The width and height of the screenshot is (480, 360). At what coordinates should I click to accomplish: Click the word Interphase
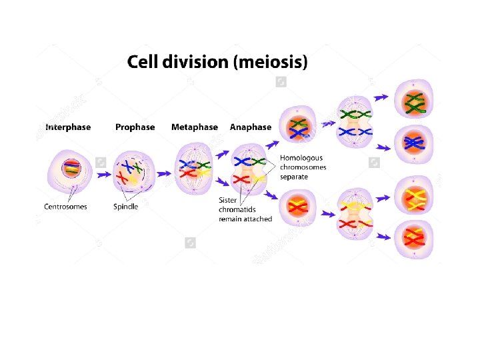pyautogui.click(x=68, y=127)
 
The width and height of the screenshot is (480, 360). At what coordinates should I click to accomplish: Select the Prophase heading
pyautogui.click(x=135, y=127)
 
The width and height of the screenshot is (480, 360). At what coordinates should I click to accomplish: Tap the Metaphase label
pyautogui.click(x=194, y=127)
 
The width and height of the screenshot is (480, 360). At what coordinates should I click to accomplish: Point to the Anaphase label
pyautogui.click(x=251, y=127)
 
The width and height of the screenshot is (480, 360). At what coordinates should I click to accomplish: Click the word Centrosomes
pyautogui.click(x=65, y=207)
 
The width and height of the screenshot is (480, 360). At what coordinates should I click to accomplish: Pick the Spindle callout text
pyautogui.click(x=126, y=207)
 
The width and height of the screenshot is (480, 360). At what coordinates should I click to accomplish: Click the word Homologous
pyautogui.click(x=301, y=158)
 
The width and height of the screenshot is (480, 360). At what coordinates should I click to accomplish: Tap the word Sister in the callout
pyautogui.click(x=229, y=200)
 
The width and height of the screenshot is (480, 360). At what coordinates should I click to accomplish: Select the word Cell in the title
pyautogui.click(x=142, y=63)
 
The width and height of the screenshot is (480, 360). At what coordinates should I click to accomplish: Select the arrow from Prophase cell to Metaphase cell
pyautogui.click(x=162, y=175)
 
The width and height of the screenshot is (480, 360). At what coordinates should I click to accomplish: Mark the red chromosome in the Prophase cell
pyautogui.click(x=123, y=178)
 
